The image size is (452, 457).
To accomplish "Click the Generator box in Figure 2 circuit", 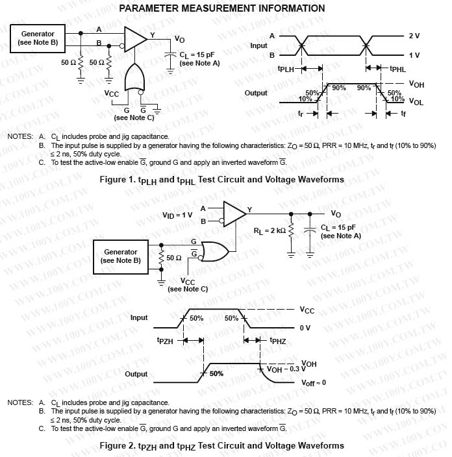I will pyautogui.click(x=121, y=256).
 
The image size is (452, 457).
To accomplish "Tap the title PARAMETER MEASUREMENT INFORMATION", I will pyautogui.click(x=223, y=8).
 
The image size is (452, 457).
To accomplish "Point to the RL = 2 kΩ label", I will pyautogui.click(x=270, y=230).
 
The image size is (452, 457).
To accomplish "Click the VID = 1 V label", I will pyautogui.click(x=177, y=214).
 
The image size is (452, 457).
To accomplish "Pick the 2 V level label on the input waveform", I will pyautogui.click(x=414, y=36).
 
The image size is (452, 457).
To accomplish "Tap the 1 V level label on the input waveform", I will pyautogui.click(x=414, y=55).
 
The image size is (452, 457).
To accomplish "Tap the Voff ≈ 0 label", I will pyautogui.click(x=314, y=382).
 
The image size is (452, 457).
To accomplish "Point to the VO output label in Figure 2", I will pyautogui.click(x=336, y=214).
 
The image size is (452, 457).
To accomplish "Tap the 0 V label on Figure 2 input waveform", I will pyautogui.click(x=306, y=328).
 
